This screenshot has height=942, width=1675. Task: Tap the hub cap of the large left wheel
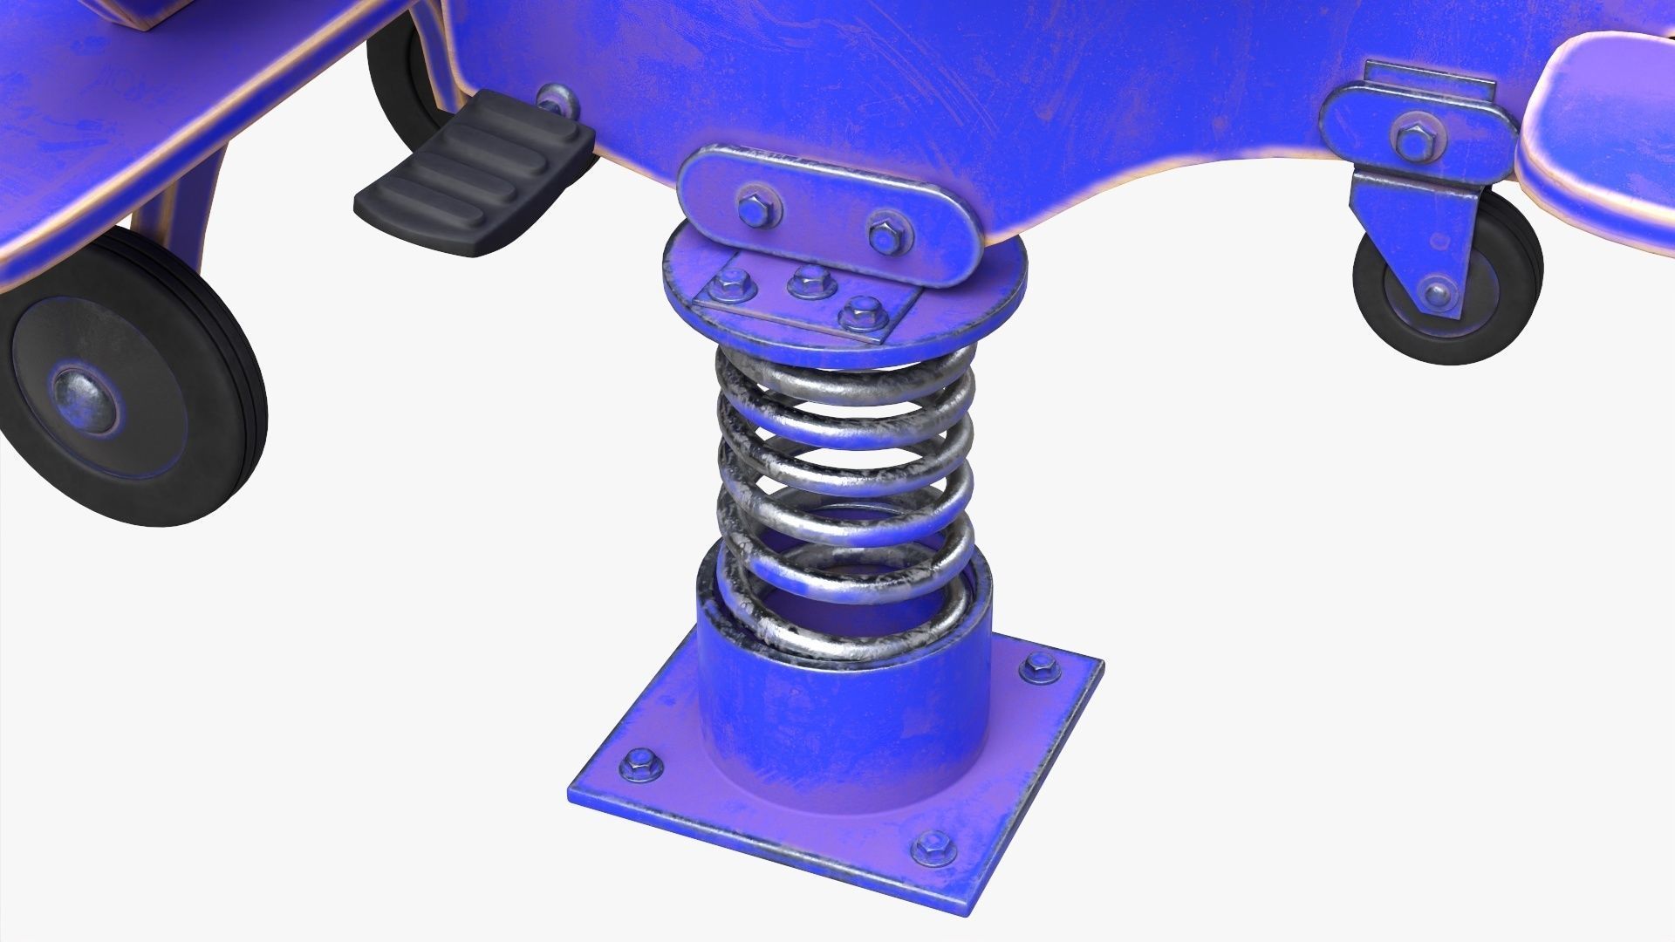pos(85,399)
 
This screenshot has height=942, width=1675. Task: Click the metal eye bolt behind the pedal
pos(556,100)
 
